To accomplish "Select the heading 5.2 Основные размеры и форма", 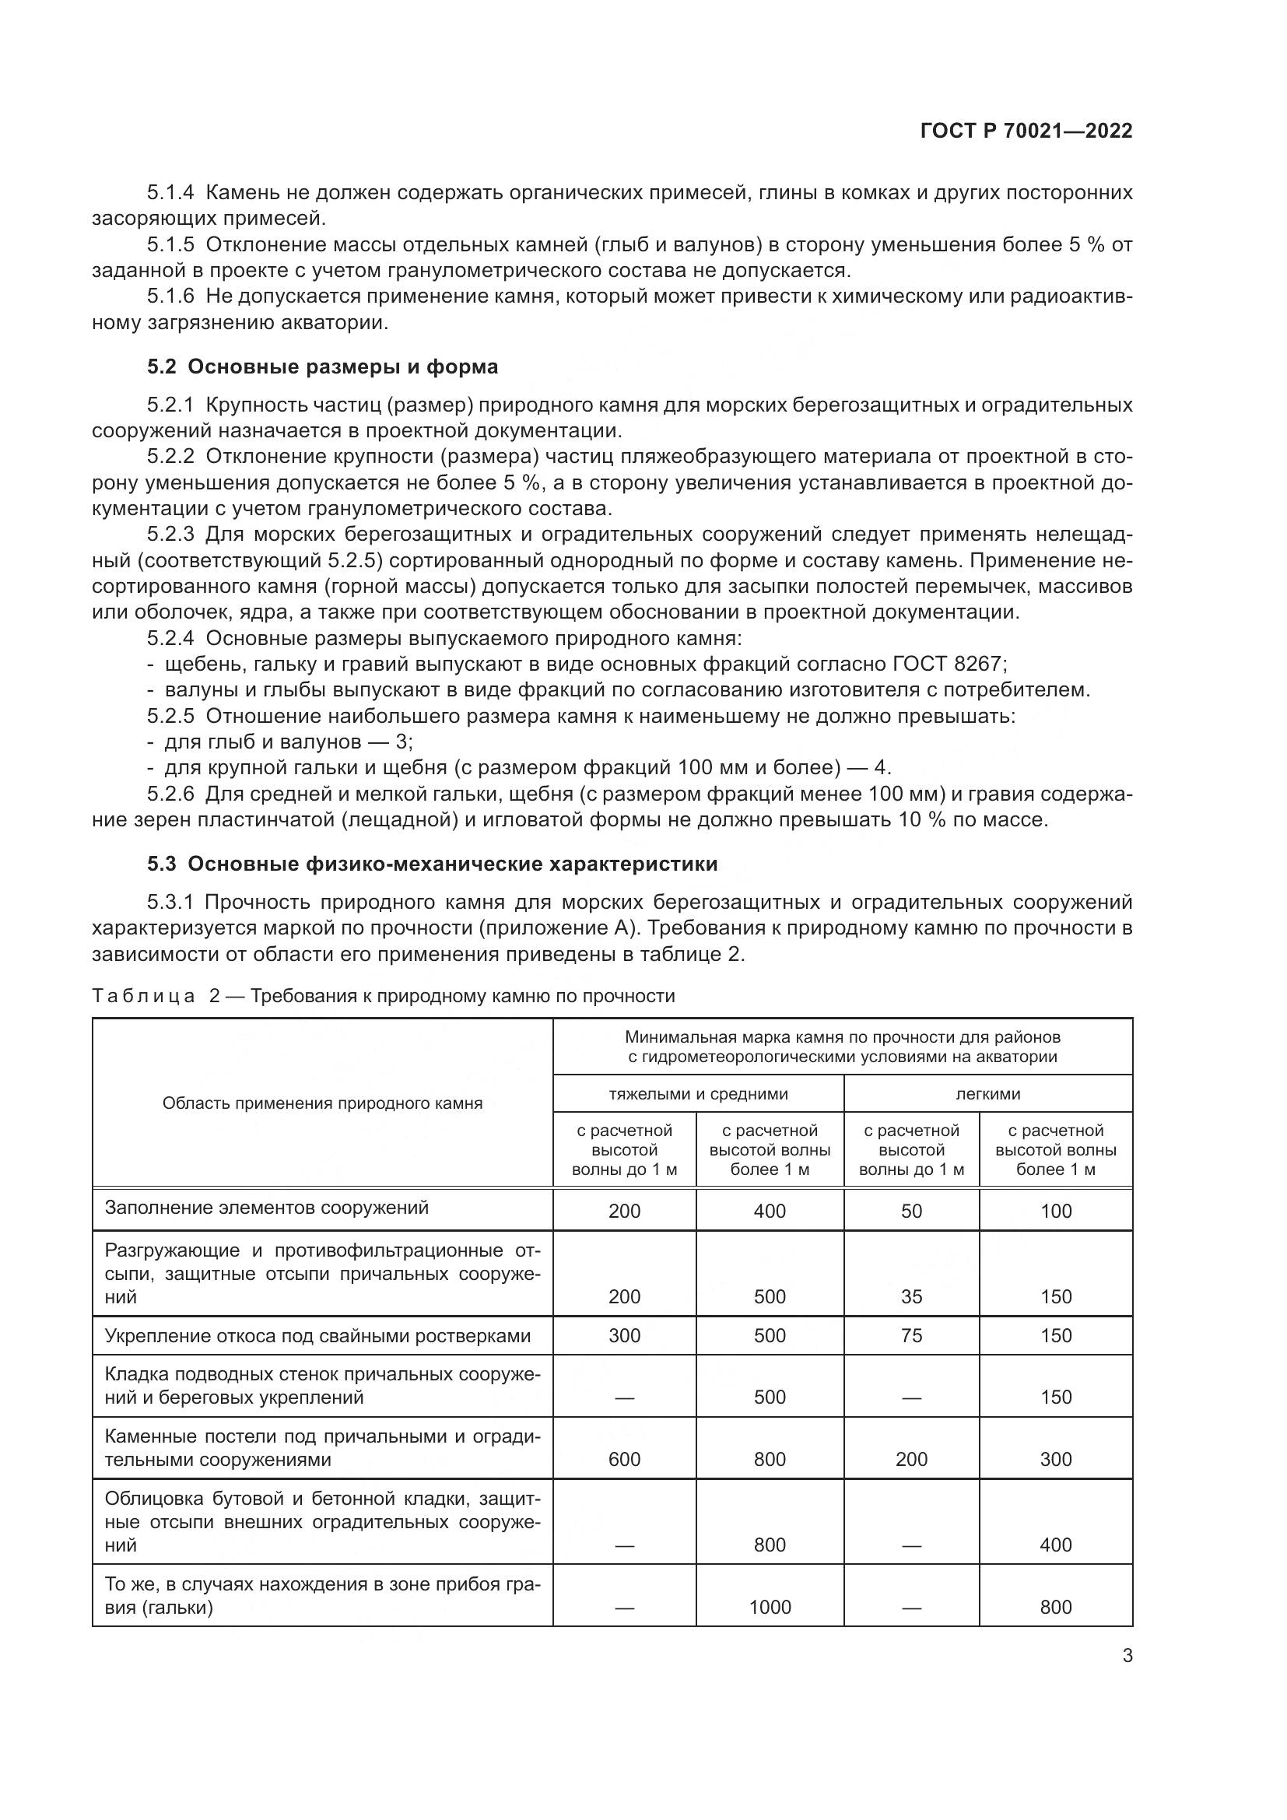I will (x=323, y=367).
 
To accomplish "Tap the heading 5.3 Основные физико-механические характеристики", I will (x=432, y=864).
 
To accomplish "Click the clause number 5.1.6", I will (x=170, y=296).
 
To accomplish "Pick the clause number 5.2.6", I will (x=170, y=794).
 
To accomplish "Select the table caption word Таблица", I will (x=143, y=996).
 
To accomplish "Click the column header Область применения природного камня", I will (x=323, y=1103).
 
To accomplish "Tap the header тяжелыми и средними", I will (x=698, y=1095).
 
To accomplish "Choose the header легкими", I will (x=987, y=1095).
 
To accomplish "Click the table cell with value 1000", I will (x=770, y=1607).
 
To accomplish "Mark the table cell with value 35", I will (x=911, y=1297).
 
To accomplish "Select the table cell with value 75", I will (x=911, y=1336).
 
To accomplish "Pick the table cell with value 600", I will (x=625, y=1459).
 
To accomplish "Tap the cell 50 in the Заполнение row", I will (x=911, y=1212).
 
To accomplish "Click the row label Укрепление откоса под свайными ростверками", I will (x=317, y=1337).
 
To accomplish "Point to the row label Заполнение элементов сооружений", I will (x=266, y=1208).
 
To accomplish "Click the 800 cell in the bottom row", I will (x=1056, y=1607).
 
